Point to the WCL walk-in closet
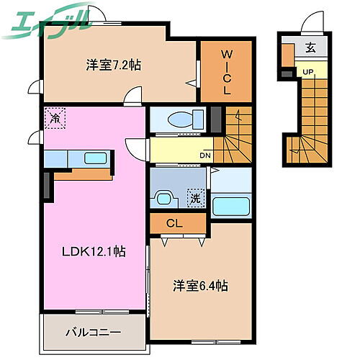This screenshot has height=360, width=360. [225, 71]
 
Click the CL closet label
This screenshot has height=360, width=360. [174, 223]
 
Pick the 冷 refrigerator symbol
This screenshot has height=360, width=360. [55, 118]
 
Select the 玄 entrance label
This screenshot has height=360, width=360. [310, 49]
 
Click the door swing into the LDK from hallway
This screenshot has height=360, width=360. [134, 148]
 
